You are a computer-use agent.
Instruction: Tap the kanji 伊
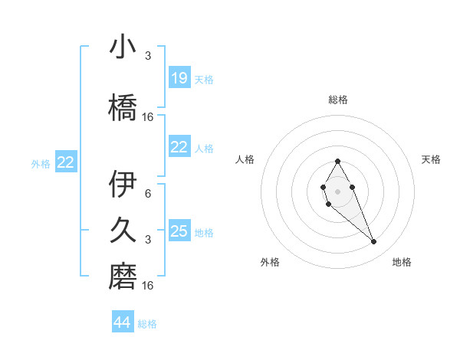click(x=123, y=185)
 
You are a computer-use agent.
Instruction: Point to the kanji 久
click(x=123, y=231)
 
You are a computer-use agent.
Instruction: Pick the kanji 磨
click(x=123, y=276)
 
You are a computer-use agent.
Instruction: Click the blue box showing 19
click(x=179, y=78)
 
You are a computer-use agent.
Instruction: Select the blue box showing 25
click(x=179, y=231)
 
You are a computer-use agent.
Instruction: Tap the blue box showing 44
click(x=123, y=322)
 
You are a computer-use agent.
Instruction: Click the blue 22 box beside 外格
click(x=66, y=162)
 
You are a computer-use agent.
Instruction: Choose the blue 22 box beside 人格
click(x=179, y=147)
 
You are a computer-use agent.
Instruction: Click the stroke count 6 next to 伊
click(x=148, y=194)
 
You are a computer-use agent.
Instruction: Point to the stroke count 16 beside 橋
click(x=148, y=117)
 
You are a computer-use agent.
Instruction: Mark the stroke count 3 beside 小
click(x=148, y=56)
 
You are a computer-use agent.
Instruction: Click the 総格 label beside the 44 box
click(x=147, y=324)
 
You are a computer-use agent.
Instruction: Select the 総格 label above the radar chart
click(x=337, y=100)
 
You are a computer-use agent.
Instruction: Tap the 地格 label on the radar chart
click(x=402, y=262)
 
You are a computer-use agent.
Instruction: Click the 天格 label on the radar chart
click(x=431, y=159)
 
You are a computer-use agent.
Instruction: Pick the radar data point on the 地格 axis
click(x=373, y=242)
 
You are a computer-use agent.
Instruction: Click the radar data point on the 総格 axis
click(x=337, y=161)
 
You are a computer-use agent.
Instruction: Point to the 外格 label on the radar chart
click(x=270, y=262)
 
